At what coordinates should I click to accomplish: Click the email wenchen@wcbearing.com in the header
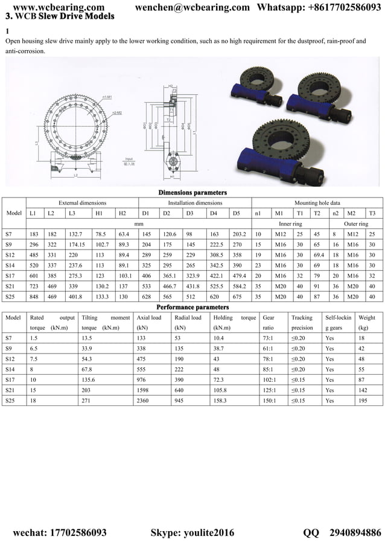(x=192, y=7)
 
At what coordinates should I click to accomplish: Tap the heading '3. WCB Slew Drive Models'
(x=59, y=17)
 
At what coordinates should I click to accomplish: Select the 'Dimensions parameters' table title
(x=193, y=193)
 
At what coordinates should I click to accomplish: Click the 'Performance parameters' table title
(x=193, y=307)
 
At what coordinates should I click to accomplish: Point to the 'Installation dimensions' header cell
(x=195, y=203)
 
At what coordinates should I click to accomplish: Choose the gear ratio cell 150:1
(x=270, y=400)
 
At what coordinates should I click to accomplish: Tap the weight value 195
(x=363, y=400)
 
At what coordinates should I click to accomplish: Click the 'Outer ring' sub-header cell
(x=356, y=224)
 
